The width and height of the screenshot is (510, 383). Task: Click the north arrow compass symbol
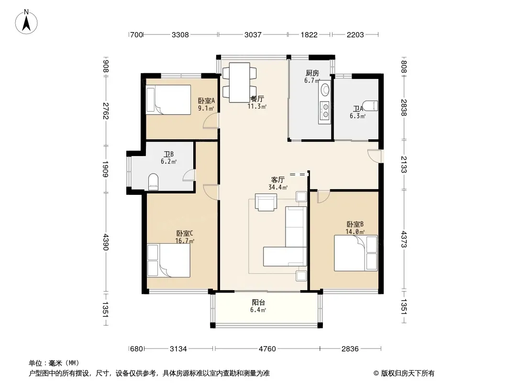pos(26,22)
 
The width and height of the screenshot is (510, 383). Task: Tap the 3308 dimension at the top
pos(180,34)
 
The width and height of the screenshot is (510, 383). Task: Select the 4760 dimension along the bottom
pos(267,349)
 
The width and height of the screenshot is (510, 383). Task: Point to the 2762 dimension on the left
pos(105,111)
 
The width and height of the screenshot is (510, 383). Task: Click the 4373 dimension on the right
pos(404,239)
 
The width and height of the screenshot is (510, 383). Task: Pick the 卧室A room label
pos(207,101)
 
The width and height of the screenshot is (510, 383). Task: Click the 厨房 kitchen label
pos(312,73)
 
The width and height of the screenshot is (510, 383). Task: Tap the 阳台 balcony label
pos(258,302)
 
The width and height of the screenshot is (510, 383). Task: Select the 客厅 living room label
pos(278,180)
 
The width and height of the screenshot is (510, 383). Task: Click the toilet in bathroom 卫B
pos(153,182)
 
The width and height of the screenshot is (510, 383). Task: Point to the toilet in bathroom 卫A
pos(370,106)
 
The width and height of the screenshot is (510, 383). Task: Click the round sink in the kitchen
pos(324,90)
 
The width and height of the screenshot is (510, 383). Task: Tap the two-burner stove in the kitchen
pos(324,110)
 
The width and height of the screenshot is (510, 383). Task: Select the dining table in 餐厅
pos(239,83)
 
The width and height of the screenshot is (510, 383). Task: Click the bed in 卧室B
pos(356,253)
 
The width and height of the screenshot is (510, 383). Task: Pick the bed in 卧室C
pos(168,260)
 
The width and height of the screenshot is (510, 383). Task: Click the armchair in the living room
pos(266,202)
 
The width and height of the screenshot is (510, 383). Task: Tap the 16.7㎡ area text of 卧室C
pos(185,241)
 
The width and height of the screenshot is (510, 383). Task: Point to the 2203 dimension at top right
pos(355,34)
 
